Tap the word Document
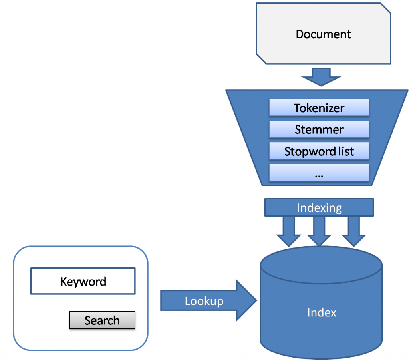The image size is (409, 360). [323, 34]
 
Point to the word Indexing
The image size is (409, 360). [319, 208]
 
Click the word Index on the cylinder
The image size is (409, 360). [322, 312]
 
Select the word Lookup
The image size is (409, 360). [204, 301]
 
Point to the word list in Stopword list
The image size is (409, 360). [346, 152]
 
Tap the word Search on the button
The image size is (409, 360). [102, 320]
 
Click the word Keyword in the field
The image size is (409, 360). [83, 282]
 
